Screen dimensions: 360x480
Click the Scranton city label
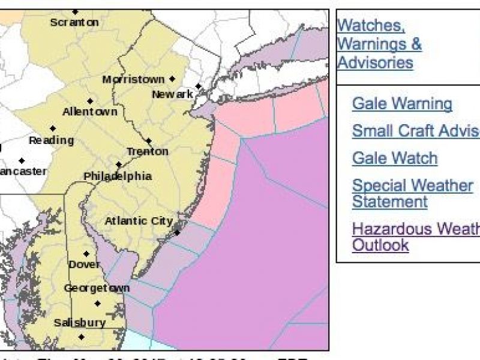(x=74, y=23)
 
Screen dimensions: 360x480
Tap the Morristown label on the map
(x=133, y=79)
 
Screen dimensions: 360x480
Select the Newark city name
(x=172, y=94)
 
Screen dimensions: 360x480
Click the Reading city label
(x=51, y=140)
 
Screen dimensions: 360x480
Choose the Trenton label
(x=148, y=152)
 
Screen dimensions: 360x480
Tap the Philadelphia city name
(x=118, y=176)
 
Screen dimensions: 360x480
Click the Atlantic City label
(x=139, y=221)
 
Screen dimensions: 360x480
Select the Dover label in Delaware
(x=84, y=265)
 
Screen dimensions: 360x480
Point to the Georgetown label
(x=97, y=289)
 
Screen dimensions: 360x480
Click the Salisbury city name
(x=80, y=323)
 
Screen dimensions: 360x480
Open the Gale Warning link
(x=402, y=104)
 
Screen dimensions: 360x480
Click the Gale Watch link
(x=395, y=158)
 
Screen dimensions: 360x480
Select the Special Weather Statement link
(x=412, y=193)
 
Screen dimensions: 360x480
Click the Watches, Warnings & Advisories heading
(x=379, y=44)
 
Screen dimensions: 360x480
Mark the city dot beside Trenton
(x=148, y=142)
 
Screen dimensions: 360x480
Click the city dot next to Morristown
(x=172, y=79)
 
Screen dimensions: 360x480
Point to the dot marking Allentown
(x=90, y=101)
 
